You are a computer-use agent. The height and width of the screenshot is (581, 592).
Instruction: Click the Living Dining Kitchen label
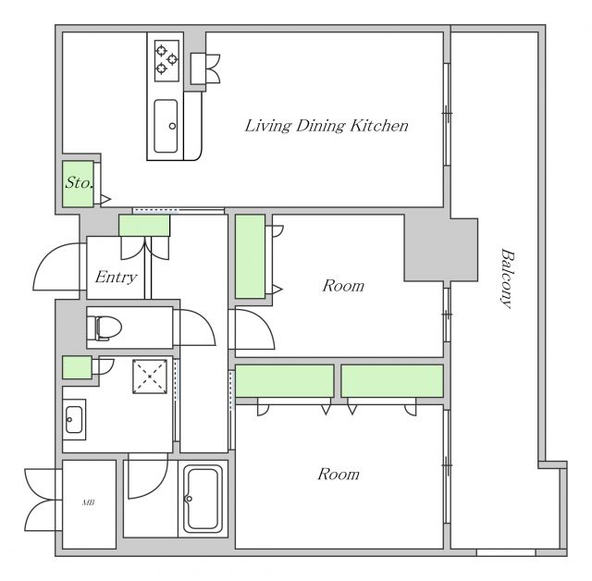point(327,126)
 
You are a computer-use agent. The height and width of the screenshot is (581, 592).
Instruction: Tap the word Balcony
point(508,278)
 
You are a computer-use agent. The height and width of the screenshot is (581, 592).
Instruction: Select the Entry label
point(116,278)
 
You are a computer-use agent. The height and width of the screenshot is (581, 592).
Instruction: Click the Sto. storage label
point(79,182)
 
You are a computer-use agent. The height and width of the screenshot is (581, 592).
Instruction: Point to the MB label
point(89,502)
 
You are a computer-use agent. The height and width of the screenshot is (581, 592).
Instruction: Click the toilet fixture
point(104,328)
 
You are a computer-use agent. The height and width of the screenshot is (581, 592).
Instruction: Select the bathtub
point(203,499)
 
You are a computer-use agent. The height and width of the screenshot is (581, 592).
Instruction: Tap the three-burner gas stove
point(166,60)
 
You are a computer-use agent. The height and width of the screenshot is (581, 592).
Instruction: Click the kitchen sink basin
point(166,126)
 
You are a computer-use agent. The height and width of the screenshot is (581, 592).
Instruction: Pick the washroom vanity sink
point(74,419)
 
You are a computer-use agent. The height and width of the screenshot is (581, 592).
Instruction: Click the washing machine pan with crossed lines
point(150,377)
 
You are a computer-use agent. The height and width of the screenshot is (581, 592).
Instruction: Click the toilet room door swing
point(195,328)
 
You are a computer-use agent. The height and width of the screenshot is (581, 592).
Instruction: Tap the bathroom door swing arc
point(148,476)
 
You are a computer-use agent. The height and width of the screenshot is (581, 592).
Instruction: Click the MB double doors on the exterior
point(41,500)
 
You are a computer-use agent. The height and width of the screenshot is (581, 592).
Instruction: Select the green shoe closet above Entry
point(144,226)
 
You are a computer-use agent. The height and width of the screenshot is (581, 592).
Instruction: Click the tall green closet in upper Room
point(250,256)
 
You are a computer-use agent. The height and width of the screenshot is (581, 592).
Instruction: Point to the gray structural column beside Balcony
point(441,250)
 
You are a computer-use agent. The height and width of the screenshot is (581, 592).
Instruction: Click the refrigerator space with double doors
point(205,68)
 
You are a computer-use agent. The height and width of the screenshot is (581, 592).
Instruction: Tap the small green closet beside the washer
point(77,367)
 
